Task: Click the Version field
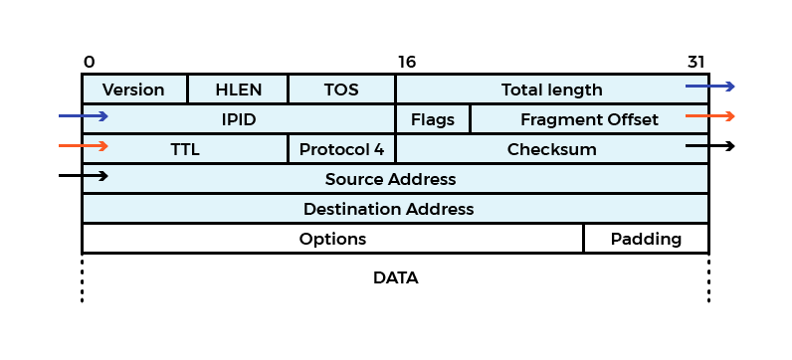coord(133,90)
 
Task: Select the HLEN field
coord(238,90)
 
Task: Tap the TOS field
coord(341,90)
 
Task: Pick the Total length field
coord(551,90)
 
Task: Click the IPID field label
coord(239,119)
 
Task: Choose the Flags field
coord(433,119)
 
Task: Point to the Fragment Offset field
coord(589,119)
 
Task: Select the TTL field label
coord(185,149)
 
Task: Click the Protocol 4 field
coord(341,149)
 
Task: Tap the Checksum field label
coord(551,149)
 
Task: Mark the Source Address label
coord(390,179)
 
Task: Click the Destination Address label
coord(388,209)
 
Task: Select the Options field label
coord(332,239)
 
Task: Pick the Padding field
coord(646,239)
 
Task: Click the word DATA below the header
coord(395,277)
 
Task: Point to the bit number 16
coord(406,62)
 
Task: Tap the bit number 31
coord(696,62)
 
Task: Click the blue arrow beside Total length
coord(710,87)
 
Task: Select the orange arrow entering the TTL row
coord(83,146)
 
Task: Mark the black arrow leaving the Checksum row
coord(710,146)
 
